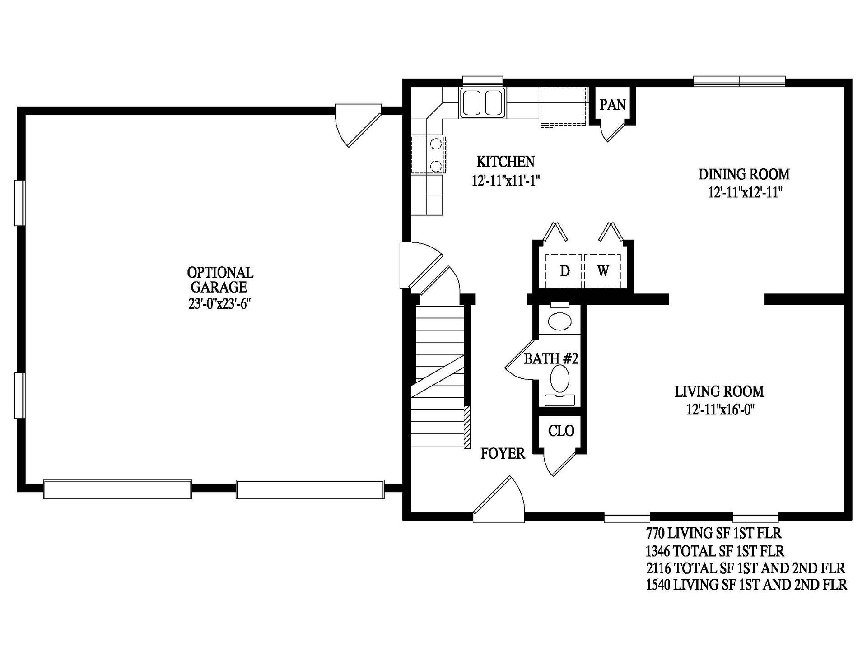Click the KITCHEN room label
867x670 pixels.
[505, 161]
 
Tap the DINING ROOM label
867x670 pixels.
[744, 174]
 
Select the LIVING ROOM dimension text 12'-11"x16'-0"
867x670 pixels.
[720, 409]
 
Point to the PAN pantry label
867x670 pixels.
[612, 105]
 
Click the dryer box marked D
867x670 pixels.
[564, 271]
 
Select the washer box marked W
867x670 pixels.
[603, 271]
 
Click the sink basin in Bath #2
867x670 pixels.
[559, 321]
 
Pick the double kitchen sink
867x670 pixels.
[482, 103]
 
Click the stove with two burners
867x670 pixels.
[429, 155]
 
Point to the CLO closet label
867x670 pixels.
[561, 431]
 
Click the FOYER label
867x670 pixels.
[503, 453]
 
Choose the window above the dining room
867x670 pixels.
[739, 81]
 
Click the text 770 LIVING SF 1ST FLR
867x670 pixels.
[713, 533]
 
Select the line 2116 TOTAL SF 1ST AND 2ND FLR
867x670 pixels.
[745, 568]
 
